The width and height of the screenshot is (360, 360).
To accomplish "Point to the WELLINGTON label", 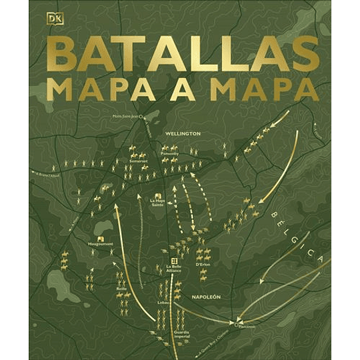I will coord(181,134).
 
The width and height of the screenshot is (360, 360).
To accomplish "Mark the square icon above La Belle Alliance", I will coord(174,261).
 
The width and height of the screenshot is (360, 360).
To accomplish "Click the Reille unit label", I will coord(121,288).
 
